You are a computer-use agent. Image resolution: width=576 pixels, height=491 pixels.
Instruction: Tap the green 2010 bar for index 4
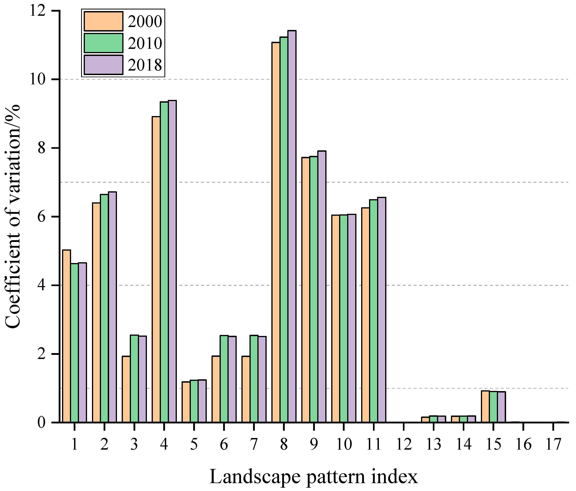[x=164, y=262]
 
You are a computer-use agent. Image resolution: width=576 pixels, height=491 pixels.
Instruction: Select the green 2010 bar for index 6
[x=224, y=379]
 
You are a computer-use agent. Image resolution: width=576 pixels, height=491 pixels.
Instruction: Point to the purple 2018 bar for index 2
[x=112, y=307]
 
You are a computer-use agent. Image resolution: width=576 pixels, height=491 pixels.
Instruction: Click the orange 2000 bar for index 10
[x=336, y=319]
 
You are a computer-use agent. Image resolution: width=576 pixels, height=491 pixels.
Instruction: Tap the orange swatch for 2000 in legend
[x=103, y=21]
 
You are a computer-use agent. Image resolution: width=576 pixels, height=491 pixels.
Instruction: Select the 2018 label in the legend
[x=145, y=65]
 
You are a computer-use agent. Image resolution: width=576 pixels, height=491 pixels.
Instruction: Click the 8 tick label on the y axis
[x=41, y=148]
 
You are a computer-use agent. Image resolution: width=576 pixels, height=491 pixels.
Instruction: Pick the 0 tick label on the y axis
[x=41, y=423]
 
